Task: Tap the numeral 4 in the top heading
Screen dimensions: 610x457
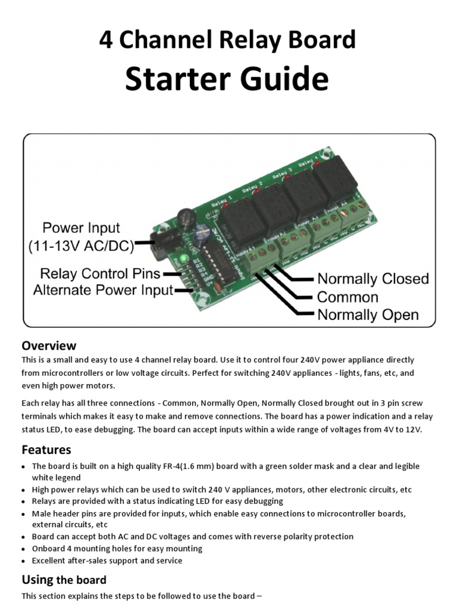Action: tap(105, 40)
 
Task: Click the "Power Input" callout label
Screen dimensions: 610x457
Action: tap(81, 228)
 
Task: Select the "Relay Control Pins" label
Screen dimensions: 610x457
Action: tap(100, 273)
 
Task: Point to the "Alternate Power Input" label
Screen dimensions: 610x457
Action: tap(103, 291)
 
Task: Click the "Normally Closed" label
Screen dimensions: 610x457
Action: tap(373, 279)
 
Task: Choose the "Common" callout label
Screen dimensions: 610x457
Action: tap(348, 297)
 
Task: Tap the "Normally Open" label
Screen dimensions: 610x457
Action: tap(368, 315)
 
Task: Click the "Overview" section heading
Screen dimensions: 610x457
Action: tap(49, 346)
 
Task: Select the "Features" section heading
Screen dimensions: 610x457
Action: tap(46, 449)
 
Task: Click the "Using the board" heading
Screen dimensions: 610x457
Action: tap(64, 580)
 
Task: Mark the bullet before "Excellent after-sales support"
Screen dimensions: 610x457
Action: tap(24, 561)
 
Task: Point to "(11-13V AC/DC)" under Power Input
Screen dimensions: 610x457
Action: tap(81, 247)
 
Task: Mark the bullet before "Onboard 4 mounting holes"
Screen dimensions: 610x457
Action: tap(24, 549)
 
